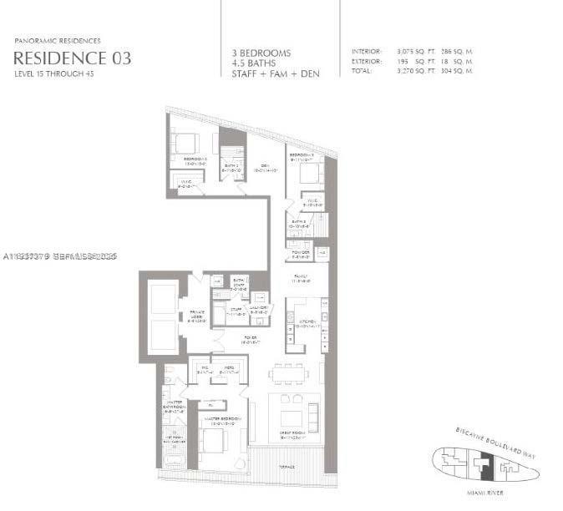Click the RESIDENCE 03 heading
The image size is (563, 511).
click(72, 58)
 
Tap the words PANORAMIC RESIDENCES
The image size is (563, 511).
click(58, 40)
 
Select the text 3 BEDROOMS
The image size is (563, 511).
click(261, 53)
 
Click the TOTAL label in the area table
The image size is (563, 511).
click(362, 71)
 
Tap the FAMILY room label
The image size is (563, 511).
click(299, 279)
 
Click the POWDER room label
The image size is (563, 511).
click(300, 254)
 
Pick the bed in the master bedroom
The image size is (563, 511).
click(216, 440)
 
